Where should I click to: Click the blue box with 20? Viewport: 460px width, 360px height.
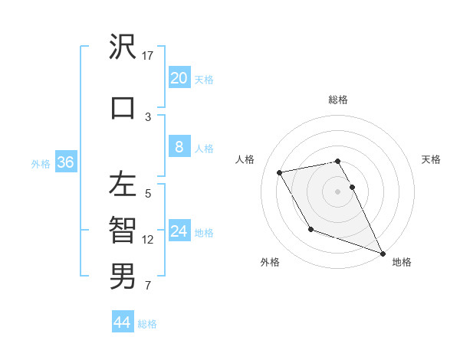(x=179, y=77)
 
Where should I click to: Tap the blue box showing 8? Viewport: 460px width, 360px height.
(x=179, y=147)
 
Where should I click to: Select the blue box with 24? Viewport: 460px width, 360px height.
(x=179, y=231)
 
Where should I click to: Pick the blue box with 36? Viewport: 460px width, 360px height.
(x=65, y=162)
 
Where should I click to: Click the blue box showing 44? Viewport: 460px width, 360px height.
(x=123, y=322)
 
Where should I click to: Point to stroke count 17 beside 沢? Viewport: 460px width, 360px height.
(x=148, y=55)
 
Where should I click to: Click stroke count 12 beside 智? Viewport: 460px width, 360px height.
(x=148, y=240)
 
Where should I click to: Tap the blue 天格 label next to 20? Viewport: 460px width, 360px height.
(x=204, y=79)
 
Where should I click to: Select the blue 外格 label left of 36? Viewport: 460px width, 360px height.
(x=41, y=163)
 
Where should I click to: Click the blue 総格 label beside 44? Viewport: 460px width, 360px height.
(x=147, y=324)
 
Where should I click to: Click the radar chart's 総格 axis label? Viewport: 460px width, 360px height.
(x=338, y=100)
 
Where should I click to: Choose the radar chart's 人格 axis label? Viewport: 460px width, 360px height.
(x=245, y=159)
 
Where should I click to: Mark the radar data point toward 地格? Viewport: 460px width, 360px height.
(x=383, y=254)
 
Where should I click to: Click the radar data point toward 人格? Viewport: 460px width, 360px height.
(x=280, y=172)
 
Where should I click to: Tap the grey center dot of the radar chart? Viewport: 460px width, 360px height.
(x=338, y=191)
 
